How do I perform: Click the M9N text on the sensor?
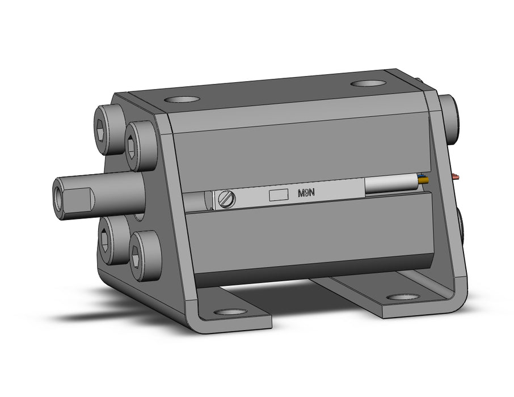coord(306,193)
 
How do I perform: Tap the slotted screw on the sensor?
coord(227,199)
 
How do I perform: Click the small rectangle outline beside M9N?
coord(279,195)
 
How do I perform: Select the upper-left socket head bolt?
coord(109,129)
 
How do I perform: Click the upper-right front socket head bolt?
coord(141,146)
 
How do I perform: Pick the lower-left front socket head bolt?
coord(112,240)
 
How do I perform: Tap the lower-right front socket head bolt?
coord(145,256)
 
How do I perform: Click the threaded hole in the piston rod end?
coord(58,199)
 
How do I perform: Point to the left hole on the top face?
coord(182,99)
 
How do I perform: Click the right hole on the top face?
coord(368,83)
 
